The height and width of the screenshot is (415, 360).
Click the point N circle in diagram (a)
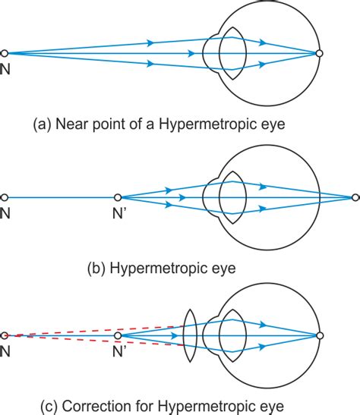click(x=5, y=53)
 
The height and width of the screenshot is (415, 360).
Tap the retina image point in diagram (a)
click(x=320, y=53)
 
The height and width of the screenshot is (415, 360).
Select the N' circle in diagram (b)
click(x=118, y=197)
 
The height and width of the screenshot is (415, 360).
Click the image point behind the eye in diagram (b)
click(x=355, y=197)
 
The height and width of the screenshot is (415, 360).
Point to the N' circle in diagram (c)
click(x=118, y=335)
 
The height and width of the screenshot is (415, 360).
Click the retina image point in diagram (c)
click(x=320, y=335)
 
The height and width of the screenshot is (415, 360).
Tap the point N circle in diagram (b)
click(x=5, y=197)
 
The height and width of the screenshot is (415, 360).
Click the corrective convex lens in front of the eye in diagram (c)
click(x=191, y=335)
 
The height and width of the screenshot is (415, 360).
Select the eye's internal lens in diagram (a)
click(x=233, y=53)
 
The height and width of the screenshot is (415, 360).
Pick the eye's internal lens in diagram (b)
click(x=233, y=197)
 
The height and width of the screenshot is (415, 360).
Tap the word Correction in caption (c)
click(x=97, y=406)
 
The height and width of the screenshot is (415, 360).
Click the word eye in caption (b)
click(x=223, y=269)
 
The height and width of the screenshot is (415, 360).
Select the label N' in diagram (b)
click(x=118, y=213)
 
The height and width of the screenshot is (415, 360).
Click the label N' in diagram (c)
click(x=118, y=352)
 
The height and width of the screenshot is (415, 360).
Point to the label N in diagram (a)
click(x=5, y=70)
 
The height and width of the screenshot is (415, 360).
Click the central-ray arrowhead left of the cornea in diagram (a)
click(x=191, y=53)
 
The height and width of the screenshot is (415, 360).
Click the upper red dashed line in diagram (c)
click(x=94, y=331)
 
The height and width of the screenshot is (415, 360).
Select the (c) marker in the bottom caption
click(x=50, y=407)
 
